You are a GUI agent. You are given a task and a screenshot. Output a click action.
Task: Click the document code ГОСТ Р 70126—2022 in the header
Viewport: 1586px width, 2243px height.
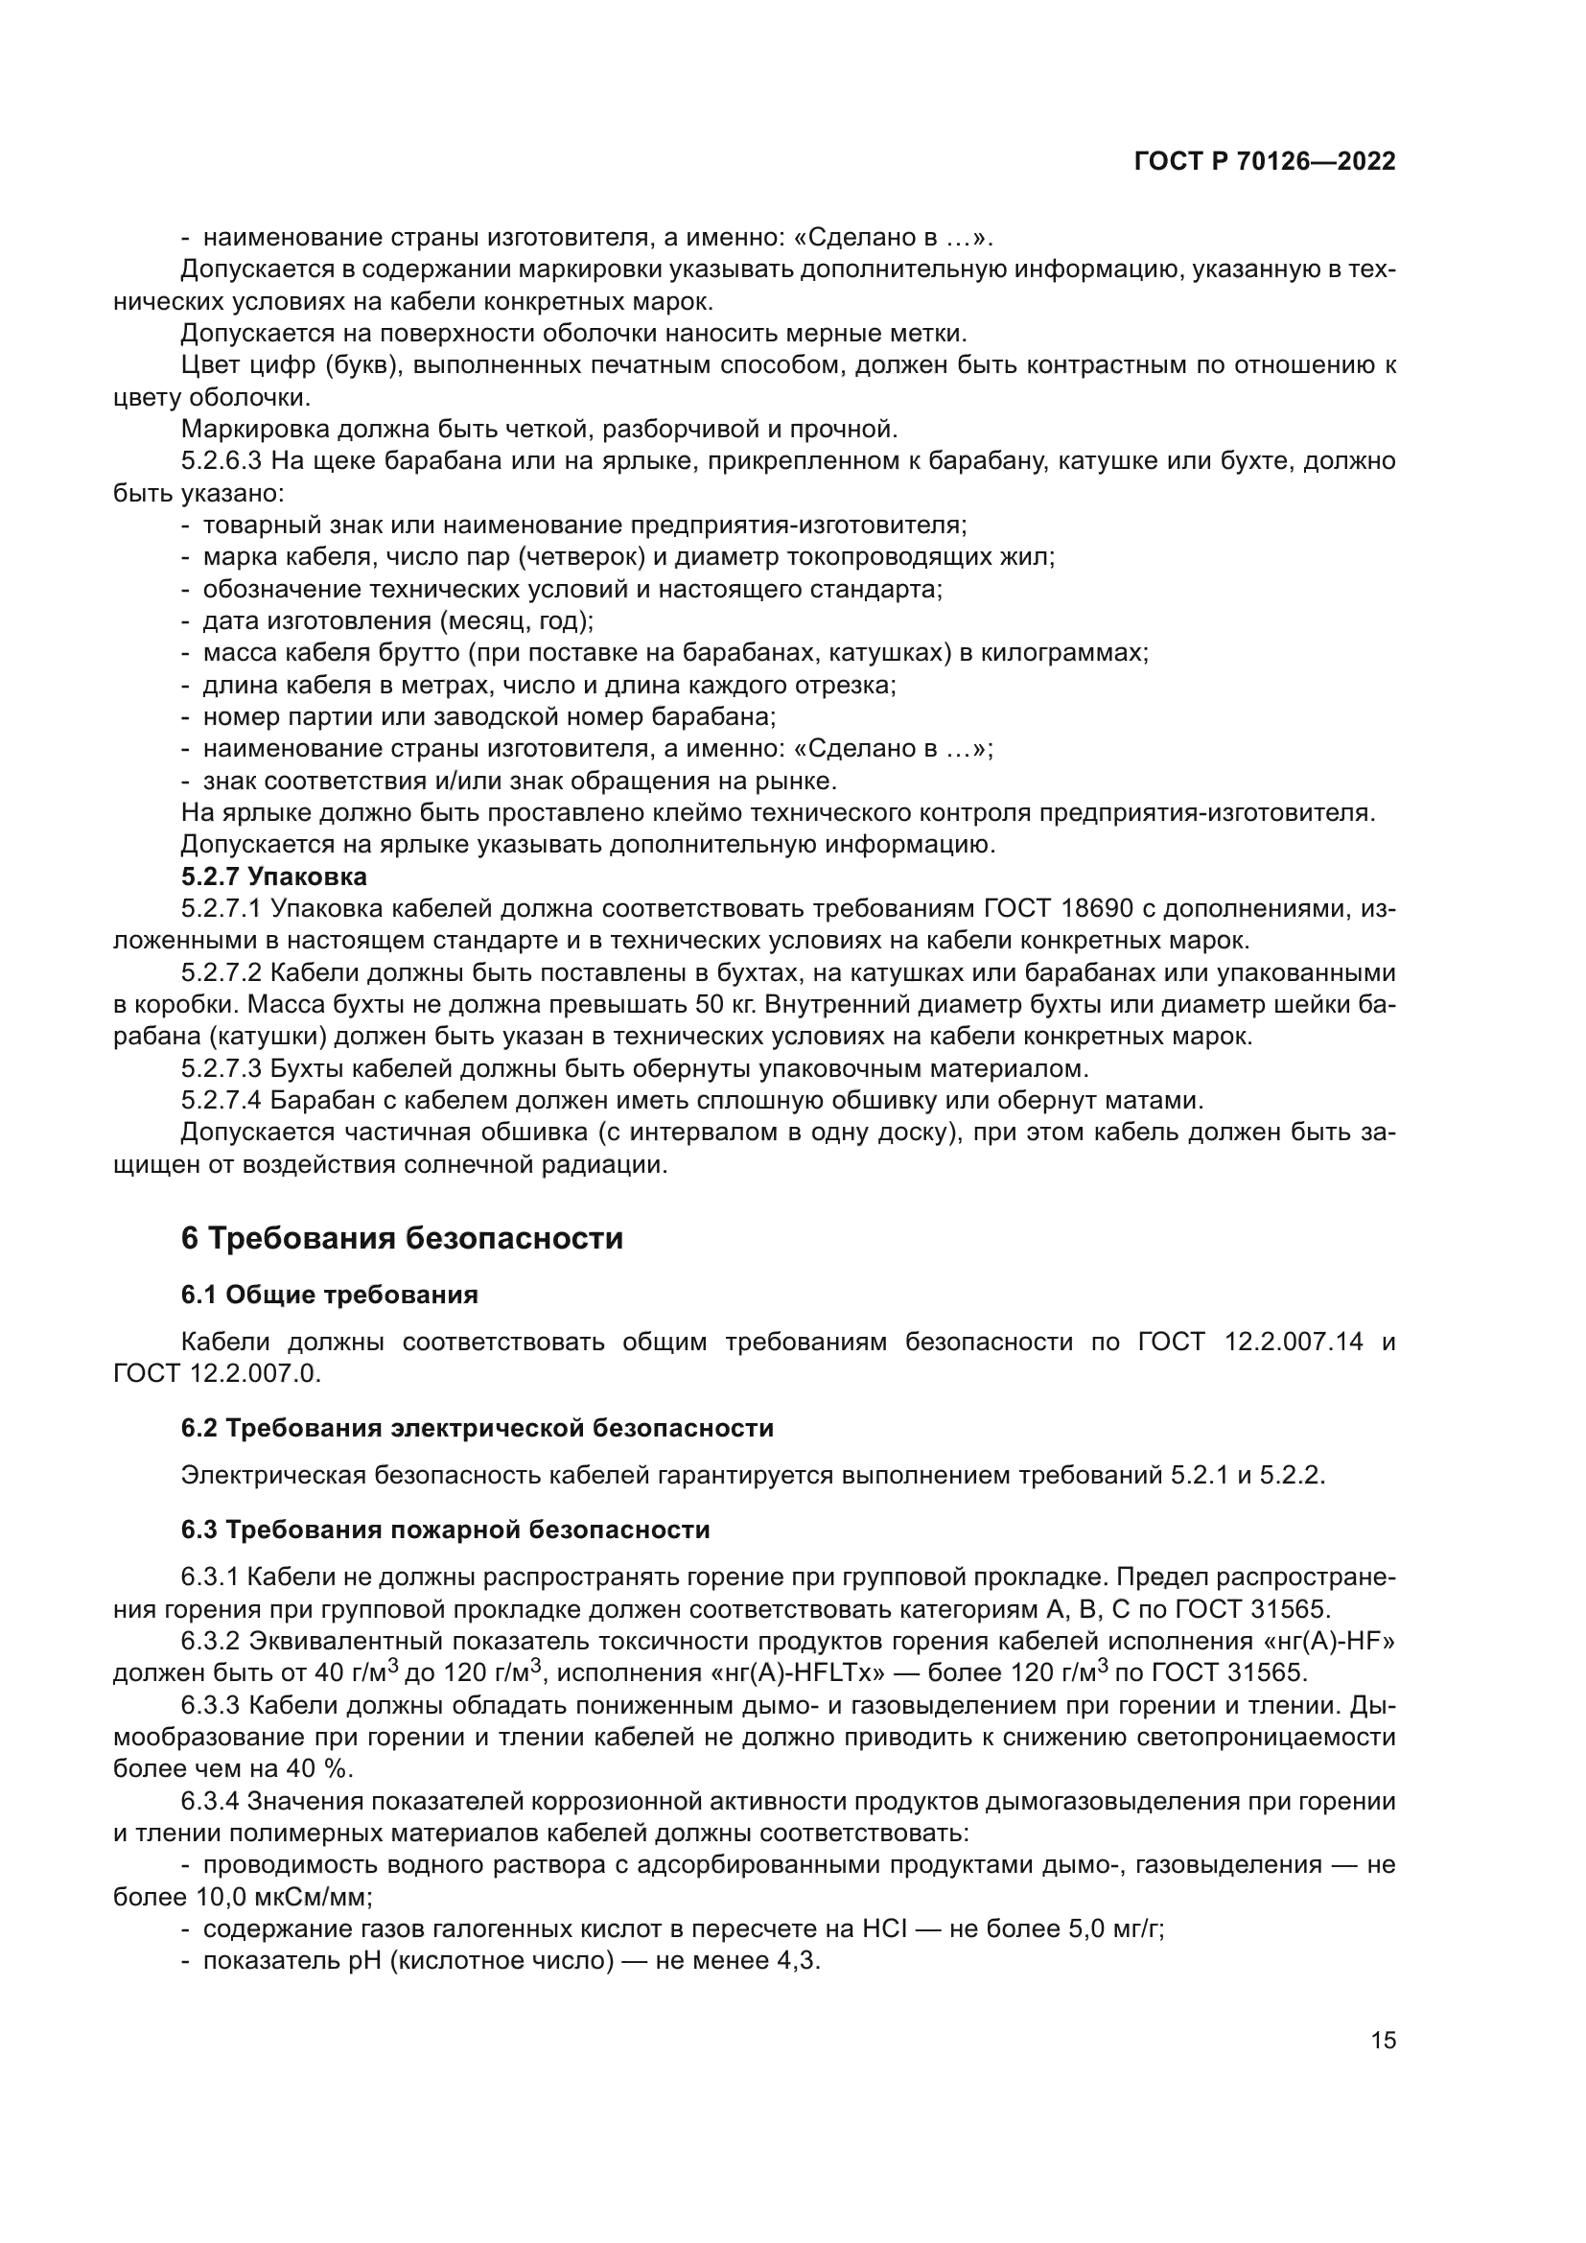pyautogui.click(x=1265, y=162)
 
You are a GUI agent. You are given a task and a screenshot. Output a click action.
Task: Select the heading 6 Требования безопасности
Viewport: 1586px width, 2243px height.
pyautogui.click(x=402, y=1239)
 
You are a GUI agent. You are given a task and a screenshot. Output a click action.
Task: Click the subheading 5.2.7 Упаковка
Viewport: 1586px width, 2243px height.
pyautogui.click(x=273, y=876)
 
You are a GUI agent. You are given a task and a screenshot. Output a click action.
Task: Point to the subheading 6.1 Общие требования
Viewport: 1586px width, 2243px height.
pyautogui.click(x=329, y=1296)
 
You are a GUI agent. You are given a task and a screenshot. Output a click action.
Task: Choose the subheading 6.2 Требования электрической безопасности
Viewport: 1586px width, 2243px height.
pyautogui.click(x=477, y=1428)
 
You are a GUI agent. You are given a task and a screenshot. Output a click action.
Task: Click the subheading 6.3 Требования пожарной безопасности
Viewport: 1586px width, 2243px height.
pyautogui.click(x=444, y=1530)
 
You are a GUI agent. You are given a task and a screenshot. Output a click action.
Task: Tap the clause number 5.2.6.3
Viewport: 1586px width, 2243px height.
pyautogui.click(x=222, y=460)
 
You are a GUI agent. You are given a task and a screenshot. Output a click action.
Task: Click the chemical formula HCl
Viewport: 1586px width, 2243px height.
pyautogui.click(x=886, y=1928)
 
